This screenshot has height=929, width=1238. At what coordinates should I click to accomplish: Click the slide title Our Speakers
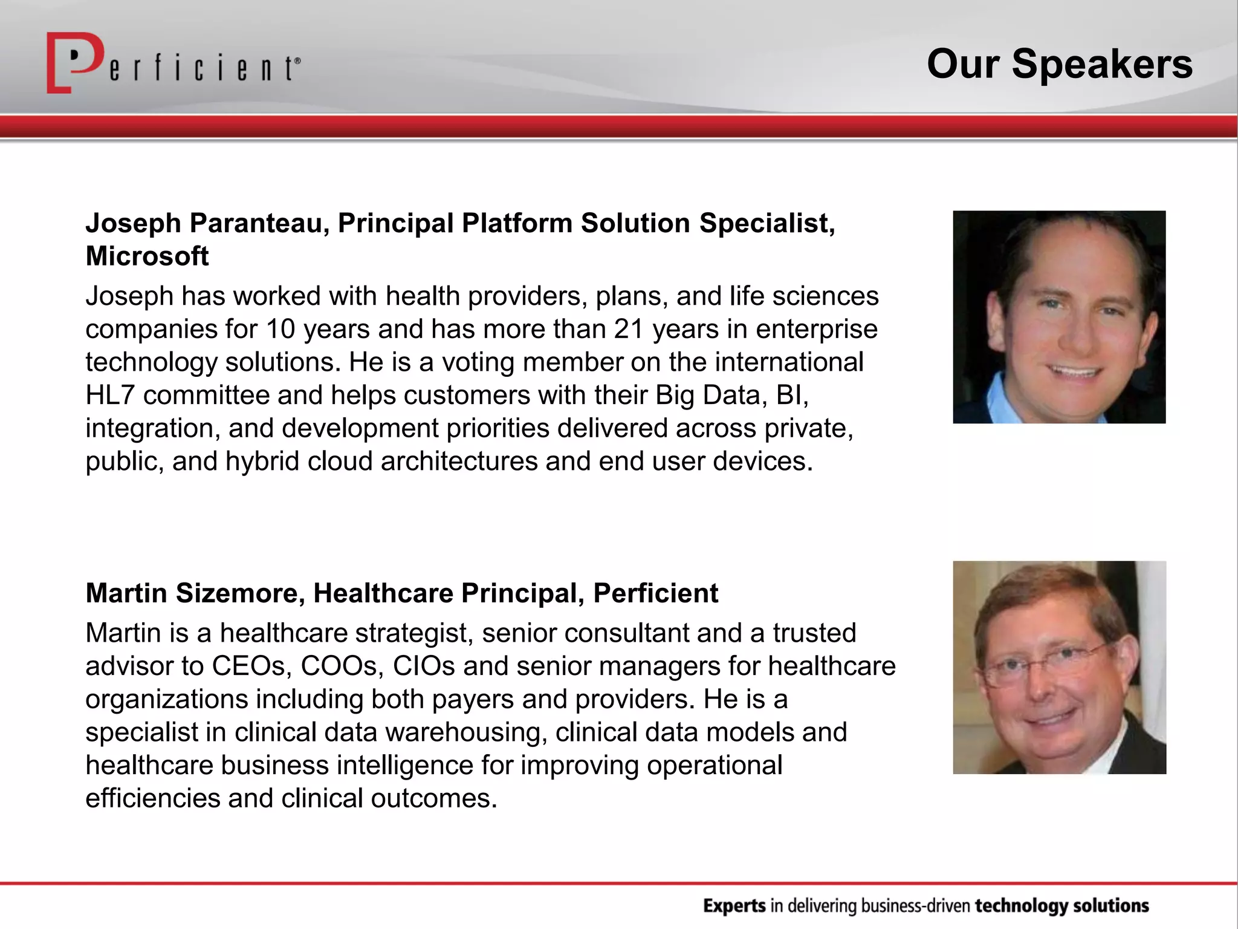pyautogui.click(x=1059, y=64)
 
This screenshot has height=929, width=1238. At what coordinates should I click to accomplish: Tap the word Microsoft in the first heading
pyautogui.click(x=147, y=256)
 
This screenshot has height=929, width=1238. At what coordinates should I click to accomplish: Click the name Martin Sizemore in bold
pyautogui.click(x=195, y=593)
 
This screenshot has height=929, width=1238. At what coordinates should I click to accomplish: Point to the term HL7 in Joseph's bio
pyautogui.click(x=109, y=396)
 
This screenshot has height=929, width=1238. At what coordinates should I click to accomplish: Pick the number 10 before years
pyautogui.click(x=280, y=330)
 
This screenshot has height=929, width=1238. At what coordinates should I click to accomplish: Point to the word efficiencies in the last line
pyautogui.click(x=152, y=799)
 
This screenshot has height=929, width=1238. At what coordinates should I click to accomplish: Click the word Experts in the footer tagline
pyautogui.click(x=734, y=906)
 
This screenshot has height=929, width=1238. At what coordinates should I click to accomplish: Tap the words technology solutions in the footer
pyautogui.click(x=1061, y=906)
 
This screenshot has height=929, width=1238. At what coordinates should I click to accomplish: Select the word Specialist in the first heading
pyautogui.click(x=766, y=223)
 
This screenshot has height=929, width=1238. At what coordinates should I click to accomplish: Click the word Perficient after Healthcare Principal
pyautogui.click(x=655, y=593)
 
